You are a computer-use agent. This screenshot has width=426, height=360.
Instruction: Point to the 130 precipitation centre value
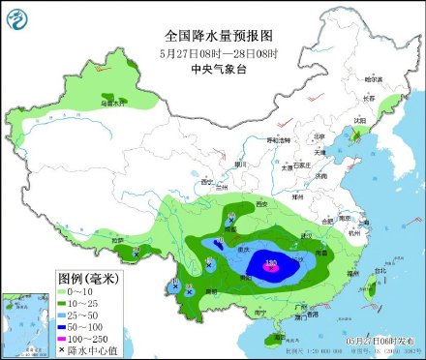[271, 262]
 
